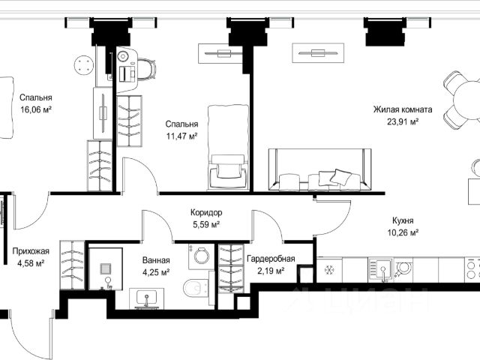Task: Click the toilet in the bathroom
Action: pyautogui.click(x=196, y=288)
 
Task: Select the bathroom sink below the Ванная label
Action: pyautogui.click(x=147, y=298)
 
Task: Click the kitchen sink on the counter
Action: pyautogui.click(x=380, y=270)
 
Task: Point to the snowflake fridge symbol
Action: pyautogui.click(x=328, y=270)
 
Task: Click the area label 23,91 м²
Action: pyautogui.click(x=403, y=121)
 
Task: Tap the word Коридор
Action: pyautogui.click(x=206, y=212)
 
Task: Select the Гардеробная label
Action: pyautogui.click(x=271, y=259)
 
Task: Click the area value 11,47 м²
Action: pyautogui.click(x=181, y=136)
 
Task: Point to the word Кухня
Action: pyautogui.click(x=403, y=220)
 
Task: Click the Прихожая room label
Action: pyautogui.click(x=31, y=251)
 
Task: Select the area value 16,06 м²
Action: pyautogui.click(x=36, y=109)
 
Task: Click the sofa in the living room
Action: pyautogui.click(x=319, y=169)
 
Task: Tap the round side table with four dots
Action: pyautogui.click(x=83, y=65)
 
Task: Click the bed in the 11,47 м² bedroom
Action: pyautogui.click(x=228, y=147)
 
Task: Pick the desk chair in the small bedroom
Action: pyautogui.click(x=146, y=69)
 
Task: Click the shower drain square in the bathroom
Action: pyautogui.click(x=106, y=268)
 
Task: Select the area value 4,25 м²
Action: pyautogui.click(x=156, y=272)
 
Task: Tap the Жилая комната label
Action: pyautogui.click(x=403, y=109)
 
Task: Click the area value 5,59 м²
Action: pyautogui.click(x=206, y=225)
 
